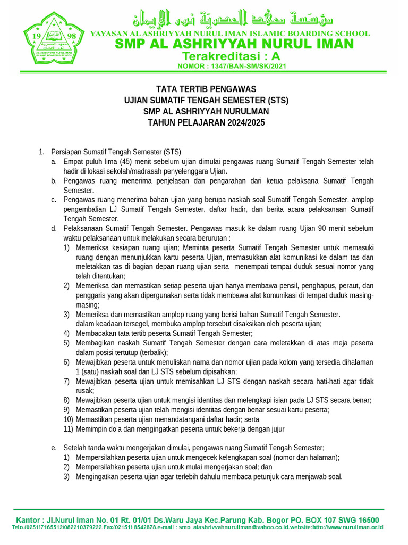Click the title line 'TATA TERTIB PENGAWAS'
206,89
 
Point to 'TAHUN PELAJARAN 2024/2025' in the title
206,123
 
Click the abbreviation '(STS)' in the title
278,100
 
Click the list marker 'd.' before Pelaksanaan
54,228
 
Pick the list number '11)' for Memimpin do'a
68,429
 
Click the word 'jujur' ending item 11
276,429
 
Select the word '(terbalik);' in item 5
150,352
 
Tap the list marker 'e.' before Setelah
54,448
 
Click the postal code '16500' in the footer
366,520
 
